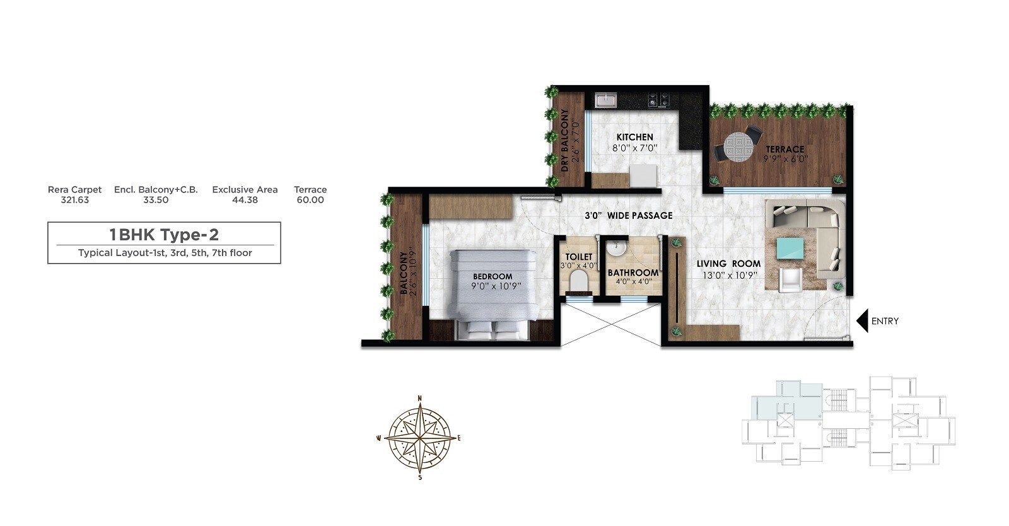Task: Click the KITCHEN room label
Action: click(634, 137)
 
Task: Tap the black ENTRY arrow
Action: click(862, 320)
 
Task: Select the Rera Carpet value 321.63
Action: click(74, 200)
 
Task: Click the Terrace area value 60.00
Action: click(310, 200)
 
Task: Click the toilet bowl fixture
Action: click(578, 280)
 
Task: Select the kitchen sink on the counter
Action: click(606, 100)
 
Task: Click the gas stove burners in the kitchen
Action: click(659, 99)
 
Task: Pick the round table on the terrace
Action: click(738, 149)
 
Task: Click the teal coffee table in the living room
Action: click(790, 248)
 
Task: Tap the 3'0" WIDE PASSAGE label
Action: click(628, 216)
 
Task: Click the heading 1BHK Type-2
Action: click(164, 235)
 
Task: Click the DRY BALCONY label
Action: click(565, 140)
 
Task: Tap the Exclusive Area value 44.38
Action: click(245, 200)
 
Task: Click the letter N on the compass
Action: click(420, 398)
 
